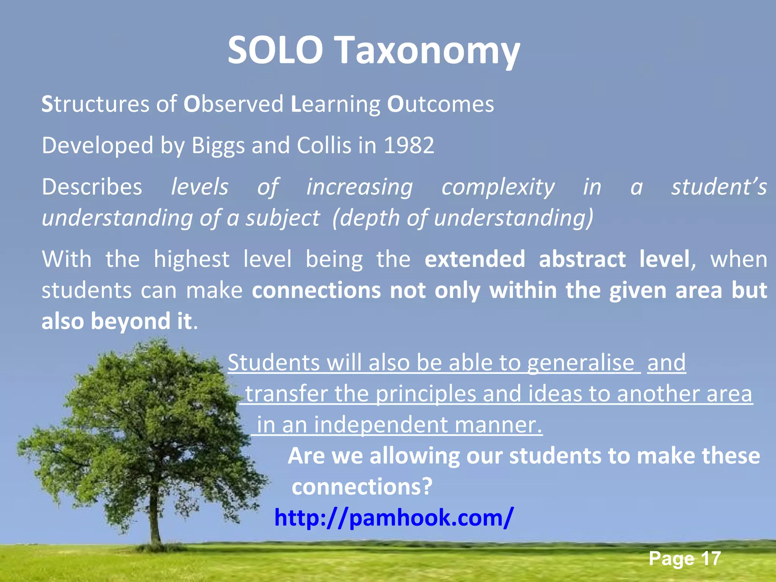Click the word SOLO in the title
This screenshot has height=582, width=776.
pos(275,50)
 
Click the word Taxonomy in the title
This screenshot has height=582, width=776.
pos(428,51)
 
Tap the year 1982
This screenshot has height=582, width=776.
pos(409,145)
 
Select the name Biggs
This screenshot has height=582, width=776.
pos(218,146)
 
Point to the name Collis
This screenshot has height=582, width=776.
pos(324,145)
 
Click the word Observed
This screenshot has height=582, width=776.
pos(233,104)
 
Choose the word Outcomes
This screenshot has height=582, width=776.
pos(440,104)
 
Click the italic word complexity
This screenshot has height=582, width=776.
pos(498,188)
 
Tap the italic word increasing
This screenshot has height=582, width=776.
pos(359,188)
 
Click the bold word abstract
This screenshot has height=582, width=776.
pos(582,260)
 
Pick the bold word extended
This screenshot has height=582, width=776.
pos(475,260)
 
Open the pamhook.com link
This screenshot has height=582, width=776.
pos(394,518)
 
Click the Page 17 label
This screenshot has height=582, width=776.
pos(684,559)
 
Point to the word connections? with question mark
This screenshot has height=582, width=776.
pos(362,487)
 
